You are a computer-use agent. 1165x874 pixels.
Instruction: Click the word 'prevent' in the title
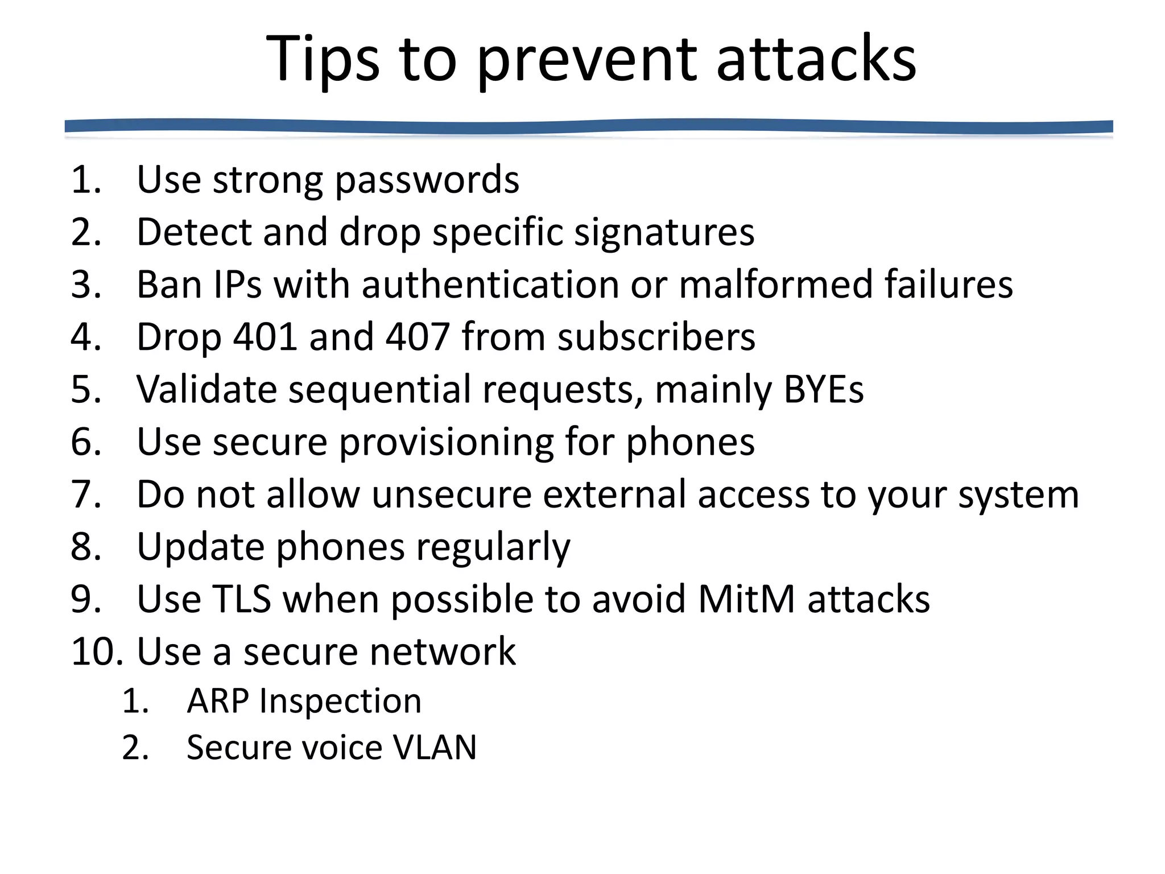pyautogui.click(x=586, y=60)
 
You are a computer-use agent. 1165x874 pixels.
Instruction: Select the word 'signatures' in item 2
pyautogui.click(x=664, y=233)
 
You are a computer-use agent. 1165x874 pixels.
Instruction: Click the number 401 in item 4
pyautogui.click(x=265, y=337)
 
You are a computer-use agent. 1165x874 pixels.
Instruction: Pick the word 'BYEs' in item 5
pyautogui.click(x=823, y=390)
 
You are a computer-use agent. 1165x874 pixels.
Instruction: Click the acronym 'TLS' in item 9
pyautogui.click(x=242, y=599)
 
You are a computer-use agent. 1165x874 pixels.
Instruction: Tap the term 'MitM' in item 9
pyautogui.click(x=746, y=599)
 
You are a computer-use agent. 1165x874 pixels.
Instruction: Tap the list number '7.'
pyautogui.click(x=86, y=494)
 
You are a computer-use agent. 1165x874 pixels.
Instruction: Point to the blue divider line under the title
pyautogui.click(x=588, y=126)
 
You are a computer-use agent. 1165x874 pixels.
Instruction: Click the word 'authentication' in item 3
pyautogui.click(x=490, y=285)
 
